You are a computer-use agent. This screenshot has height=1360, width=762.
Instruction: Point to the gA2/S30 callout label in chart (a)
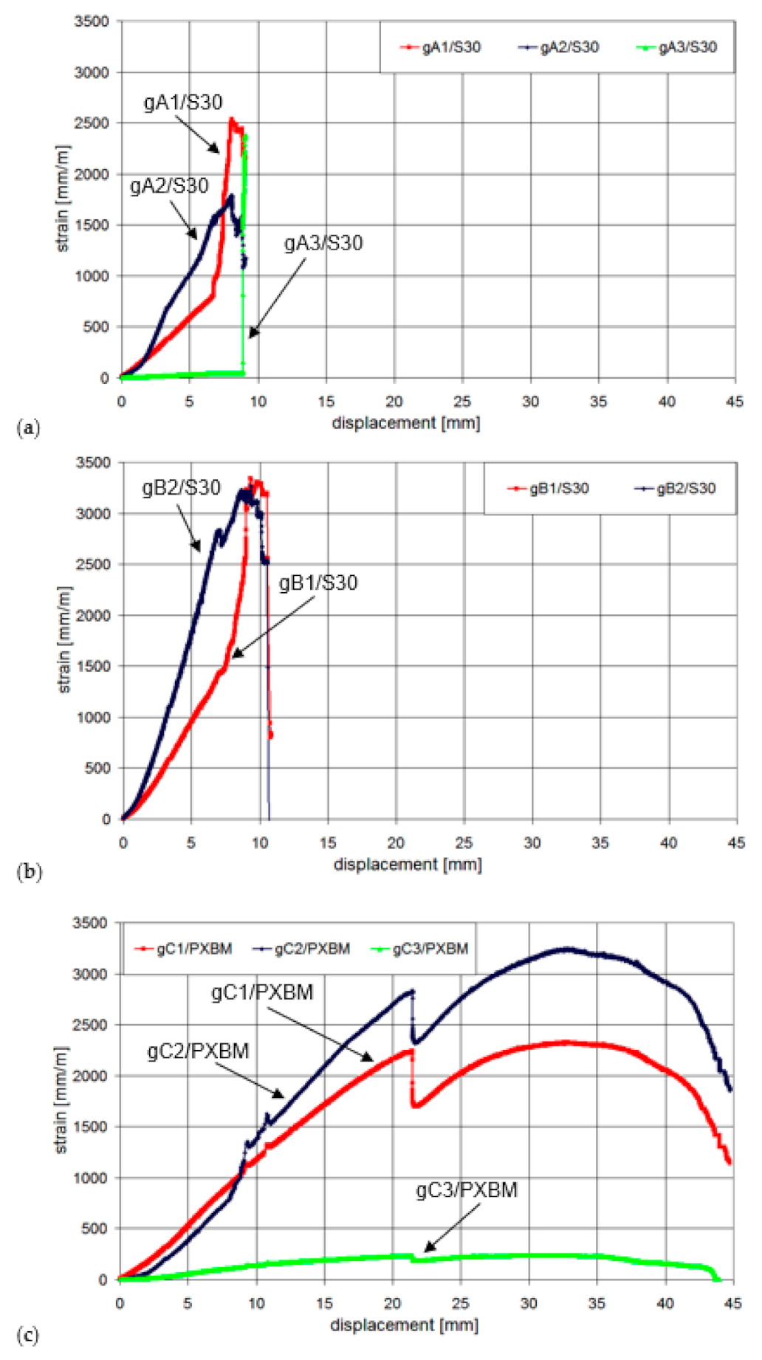pos(169,186)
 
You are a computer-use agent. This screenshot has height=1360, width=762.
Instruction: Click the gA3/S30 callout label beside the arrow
pos(323,243)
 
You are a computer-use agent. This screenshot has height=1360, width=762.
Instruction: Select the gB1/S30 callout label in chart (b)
pos(318,583)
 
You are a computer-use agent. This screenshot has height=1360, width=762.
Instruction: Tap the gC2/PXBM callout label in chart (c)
pos(198,1051)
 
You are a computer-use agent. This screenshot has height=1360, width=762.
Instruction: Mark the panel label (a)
pos(28,428)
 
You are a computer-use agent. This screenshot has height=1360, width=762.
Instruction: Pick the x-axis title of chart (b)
pos(408,864)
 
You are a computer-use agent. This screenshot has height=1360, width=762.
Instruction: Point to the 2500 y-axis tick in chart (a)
pos(92,123)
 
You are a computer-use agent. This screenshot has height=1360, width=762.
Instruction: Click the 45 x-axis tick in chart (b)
pos(736,843)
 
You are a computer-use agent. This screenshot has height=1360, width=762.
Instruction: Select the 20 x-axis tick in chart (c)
pos(392,1303)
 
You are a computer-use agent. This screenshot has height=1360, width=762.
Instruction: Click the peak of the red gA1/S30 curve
pos(231,119)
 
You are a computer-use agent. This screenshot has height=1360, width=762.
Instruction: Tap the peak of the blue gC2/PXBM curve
pos(567,949)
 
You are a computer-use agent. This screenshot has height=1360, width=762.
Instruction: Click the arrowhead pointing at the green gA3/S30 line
pos(251,335)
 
